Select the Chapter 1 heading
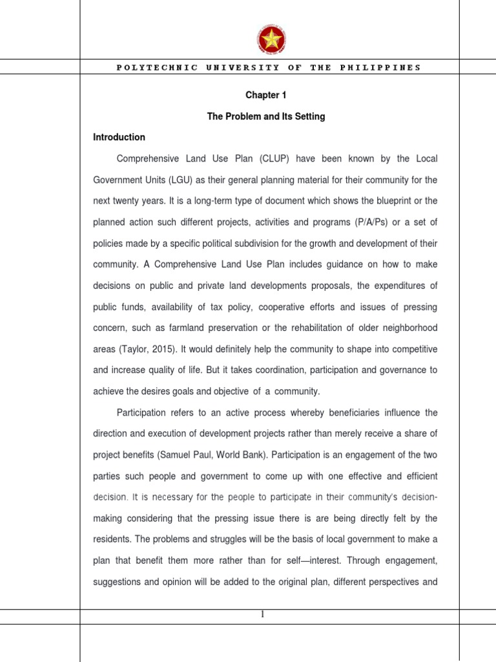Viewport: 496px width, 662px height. tap(265, 95)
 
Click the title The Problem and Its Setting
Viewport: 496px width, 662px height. tap(265, 116)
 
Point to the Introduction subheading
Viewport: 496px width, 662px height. tap(119, 137)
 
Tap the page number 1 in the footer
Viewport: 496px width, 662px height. tap(263, 615)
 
